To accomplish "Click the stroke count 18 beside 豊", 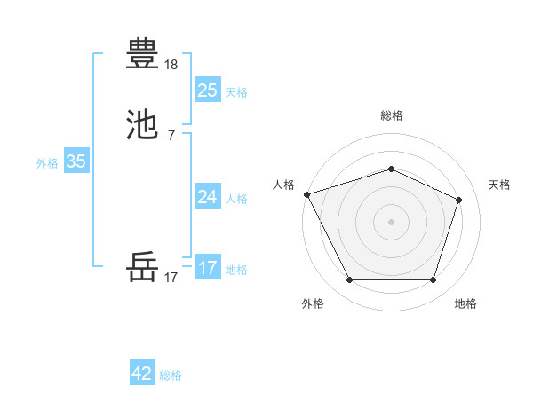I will tap(171, 65).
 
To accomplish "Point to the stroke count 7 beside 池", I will tap(171, 136).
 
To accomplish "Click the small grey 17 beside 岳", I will tap(171, 278).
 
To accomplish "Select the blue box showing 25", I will tap(207, 90).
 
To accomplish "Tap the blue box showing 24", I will tap(207, 196).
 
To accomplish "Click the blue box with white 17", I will tap(207, 267).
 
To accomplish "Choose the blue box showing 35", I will tap(76, 161).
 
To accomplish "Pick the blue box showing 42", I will tap(142, 374).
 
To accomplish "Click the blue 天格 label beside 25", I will tap(236, 91).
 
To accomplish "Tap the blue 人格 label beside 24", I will tap(236, 198).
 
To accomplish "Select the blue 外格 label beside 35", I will tap(47, 163).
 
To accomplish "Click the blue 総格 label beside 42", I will tap(171, 375).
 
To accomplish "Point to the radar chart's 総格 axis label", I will tap(392, 115).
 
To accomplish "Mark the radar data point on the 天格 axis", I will tap(458, 200).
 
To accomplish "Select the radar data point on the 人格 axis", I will tap(306, 194).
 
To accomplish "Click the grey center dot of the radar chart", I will tap(391, 221).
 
